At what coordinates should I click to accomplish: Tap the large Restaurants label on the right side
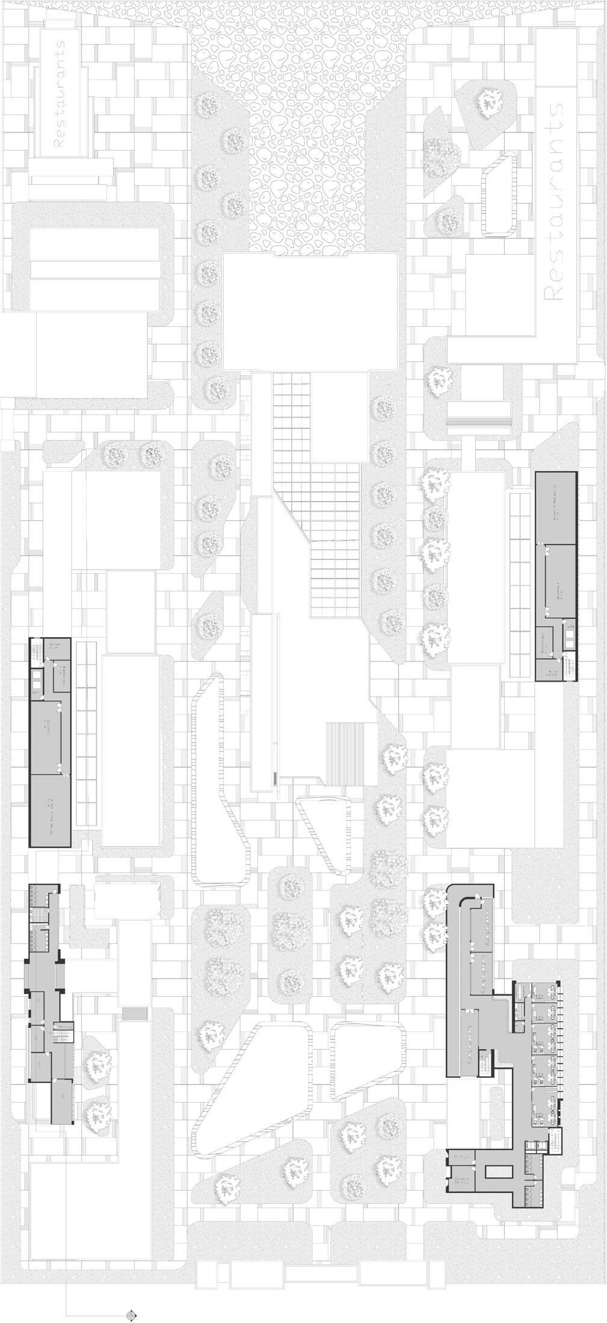554,202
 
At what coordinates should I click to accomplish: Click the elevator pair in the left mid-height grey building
37,678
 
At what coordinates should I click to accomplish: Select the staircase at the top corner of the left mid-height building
34,652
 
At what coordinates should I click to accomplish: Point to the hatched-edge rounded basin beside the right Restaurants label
499,194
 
